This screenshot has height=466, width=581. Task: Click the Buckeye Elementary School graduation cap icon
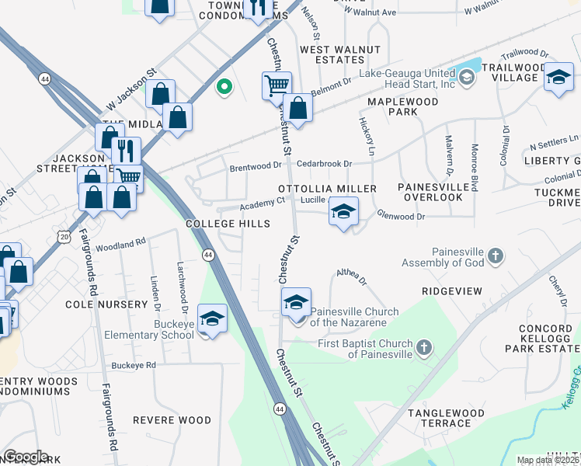[212, 318]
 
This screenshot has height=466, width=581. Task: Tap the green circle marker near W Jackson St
[224, 87]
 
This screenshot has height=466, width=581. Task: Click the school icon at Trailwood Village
[558, 77]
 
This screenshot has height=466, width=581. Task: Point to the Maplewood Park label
[402, 106]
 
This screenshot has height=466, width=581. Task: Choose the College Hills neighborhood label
[228, 224]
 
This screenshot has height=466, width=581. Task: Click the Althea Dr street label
[351, 273]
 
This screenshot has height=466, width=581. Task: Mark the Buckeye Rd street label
[134, 364]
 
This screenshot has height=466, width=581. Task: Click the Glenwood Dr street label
[401, 217]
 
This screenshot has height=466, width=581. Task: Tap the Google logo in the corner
[26, 457]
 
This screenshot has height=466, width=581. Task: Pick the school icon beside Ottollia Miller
[343, 210]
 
